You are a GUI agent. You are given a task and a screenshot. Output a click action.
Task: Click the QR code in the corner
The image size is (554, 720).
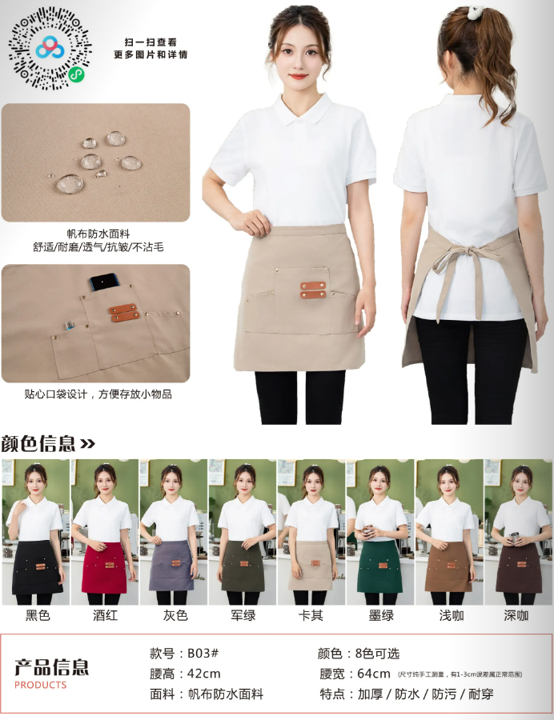(50, 47)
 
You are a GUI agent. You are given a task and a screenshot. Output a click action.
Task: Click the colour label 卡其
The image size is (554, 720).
(311, 615)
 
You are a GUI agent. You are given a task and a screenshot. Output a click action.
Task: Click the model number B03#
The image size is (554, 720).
(203, 653)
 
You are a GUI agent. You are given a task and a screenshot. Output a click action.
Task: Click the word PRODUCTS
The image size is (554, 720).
(40, 686)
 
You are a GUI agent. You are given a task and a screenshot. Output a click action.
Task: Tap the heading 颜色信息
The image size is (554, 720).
(38, 443)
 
